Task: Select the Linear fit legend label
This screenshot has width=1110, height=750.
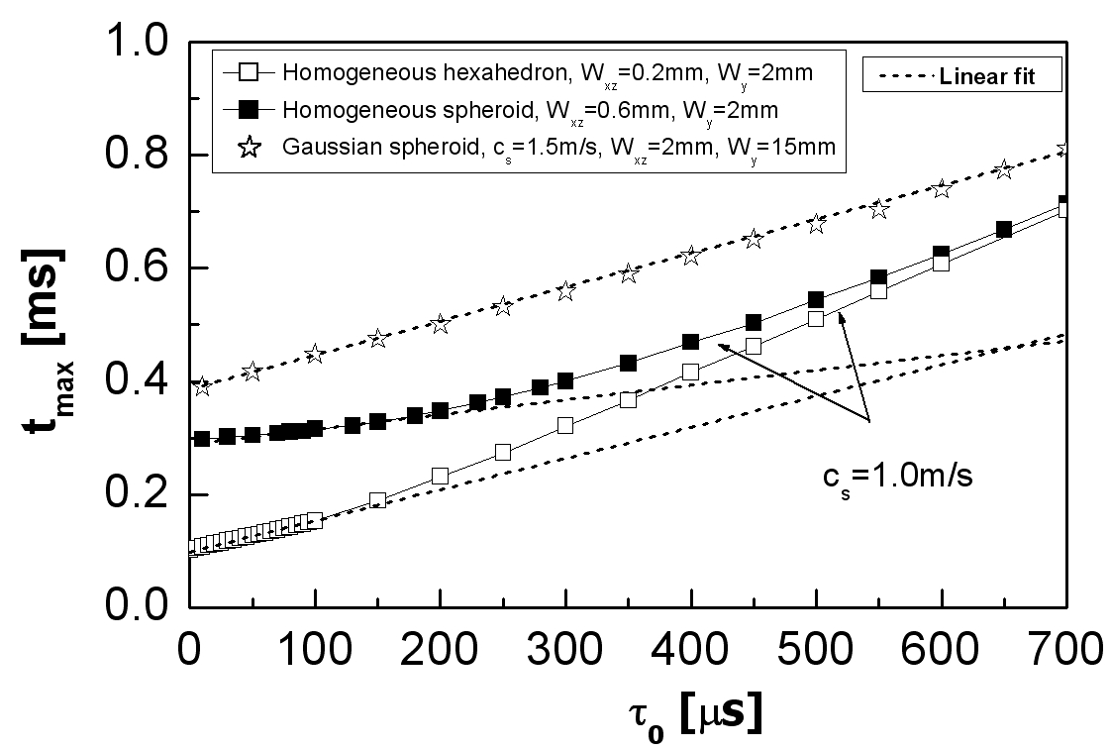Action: point(985,76)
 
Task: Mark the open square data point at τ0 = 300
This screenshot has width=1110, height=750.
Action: point(565,425)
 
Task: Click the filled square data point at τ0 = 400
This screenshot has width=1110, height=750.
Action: point(690,342)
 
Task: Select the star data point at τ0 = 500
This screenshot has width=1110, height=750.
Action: point(816,224)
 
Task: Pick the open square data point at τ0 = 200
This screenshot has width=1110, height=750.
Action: point(440,476)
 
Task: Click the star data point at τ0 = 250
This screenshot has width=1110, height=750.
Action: point(503,306)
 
